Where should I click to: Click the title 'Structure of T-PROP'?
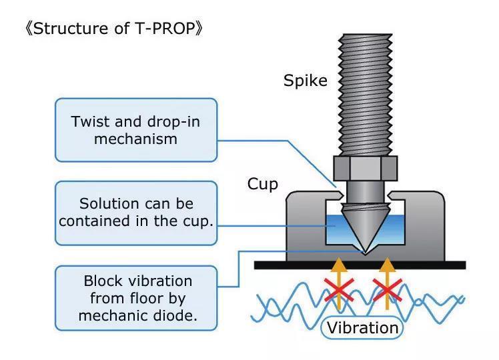113,29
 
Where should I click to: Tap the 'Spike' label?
305,81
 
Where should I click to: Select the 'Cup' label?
263,184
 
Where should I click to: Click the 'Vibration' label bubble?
362,328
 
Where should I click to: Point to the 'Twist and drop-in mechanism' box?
136,130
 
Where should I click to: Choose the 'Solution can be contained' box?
136,213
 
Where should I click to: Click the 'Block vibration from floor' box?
136,298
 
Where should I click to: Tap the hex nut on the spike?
366,168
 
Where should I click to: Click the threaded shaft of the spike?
366,95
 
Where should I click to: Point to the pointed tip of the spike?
366,253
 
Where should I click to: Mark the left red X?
339,290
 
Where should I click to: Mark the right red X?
387,290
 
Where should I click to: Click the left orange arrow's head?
339,265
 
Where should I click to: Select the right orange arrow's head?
387,265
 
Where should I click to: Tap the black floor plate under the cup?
360,265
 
